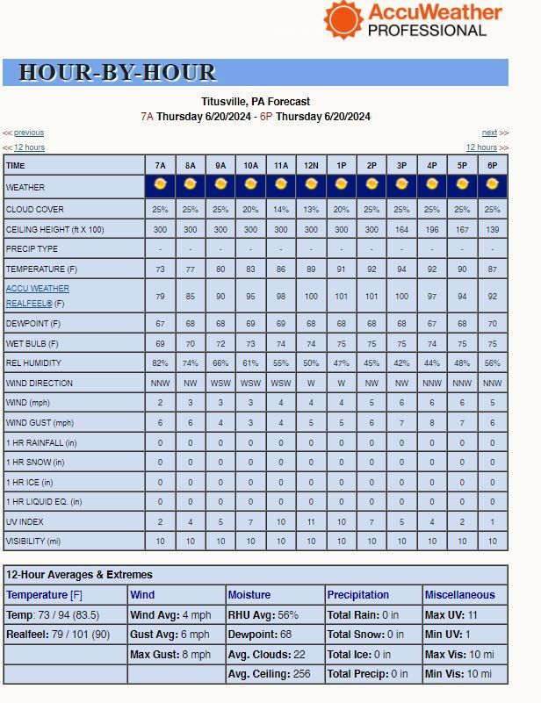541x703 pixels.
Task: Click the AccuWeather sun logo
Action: (343, 18)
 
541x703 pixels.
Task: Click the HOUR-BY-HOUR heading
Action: (117, 73)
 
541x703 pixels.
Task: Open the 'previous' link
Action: (29, 133)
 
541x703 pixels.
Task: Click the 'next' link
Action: (489, 133)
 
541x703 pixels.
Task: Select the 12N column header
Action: (311, 165)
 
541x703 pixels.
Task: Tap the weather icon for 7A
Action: (160, 185)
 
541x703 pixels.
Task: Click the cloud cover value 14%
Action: (281, 210)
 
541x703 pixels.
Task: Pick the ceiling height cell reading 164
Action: (401, 229)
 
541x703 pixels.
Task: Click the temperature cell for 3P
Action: (401, 269)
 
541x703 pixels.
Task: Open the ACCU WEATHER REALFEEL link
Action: (38, 296)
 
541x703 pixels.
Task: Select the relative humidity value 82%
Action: (160, 363)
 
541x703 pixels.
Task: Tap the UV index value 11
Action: (311, 522)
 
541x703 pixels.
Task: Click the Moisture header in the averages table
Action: (249, 595)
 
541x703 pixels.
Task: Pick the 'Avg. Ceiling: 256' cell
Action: (271, 674)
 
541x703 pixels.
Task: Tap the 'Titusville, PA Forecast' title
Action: (256, 102)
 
